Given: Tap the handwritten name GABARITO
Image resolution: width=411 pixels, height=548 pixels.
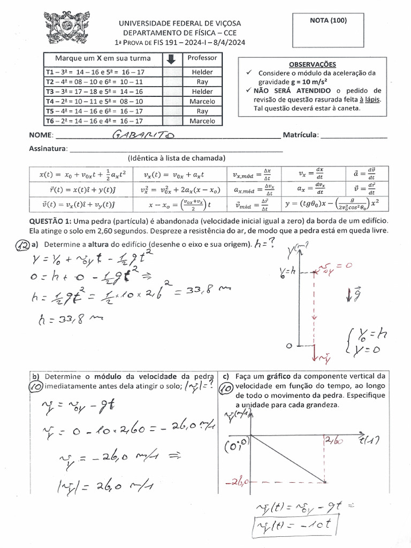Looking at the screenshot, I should tap(144, 135).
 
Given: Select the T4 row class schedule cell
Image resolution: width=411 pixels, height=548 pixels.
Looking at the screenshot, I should tap(94, 101).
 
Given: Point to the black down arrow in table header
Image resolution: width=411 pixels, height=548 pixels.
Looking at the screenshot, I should tap(171, 59).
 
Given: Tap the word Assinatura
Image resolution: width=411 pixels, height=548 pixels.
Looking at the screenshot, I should tap(48, 149).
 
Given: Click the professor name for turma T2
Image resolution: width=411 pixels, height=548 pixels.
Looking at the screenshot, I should tap(202, 82).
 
